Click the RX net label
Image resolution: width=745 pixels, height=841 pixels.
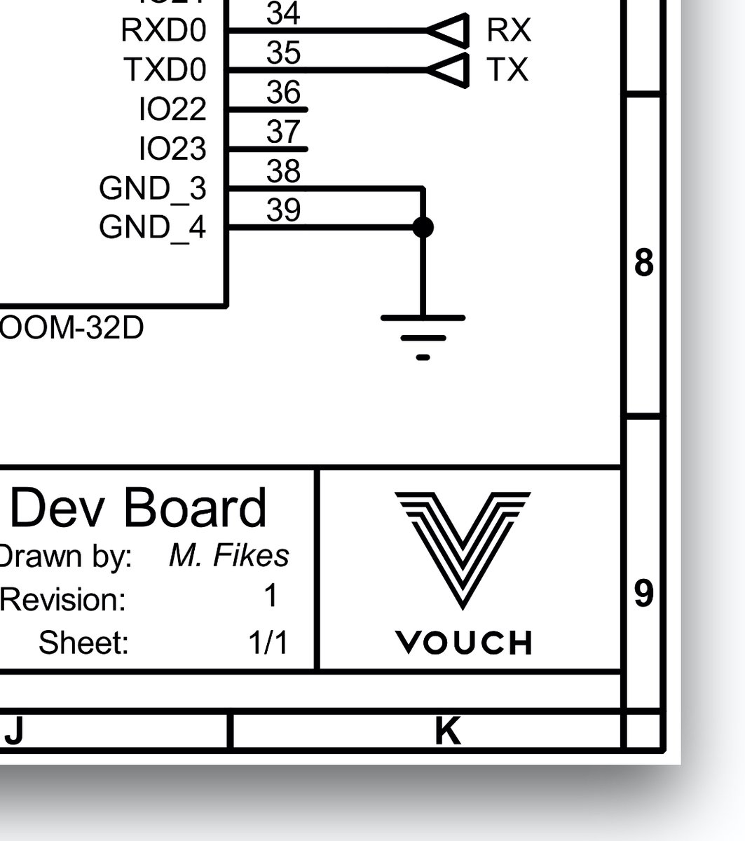[509, 31]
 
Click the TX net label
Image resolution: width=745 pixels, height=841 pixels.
[507, 70]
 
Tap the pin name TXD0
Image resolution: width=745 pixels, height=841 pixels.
[165, 70]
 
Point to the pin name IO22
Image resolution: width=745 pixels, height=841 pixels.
[173, 109]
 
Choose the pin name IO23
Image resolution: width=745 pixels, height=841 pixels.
[173, 149]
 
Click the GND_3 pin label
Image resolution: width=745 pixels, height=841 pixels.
[153, 189]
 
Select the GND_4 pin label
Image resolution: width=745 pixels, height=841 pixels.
[153, 227]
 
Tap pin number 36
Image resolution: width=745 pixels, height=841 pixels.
[284, 93]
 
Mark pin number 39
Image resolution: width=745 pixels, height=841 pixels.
[284, 210]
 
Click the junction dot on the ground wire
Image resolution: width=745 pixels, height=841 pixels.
[423, 227]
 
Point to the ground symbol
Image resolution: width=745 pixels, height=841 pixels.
[423, 336]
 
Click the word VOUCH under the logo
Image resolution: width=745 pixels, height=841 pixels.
[463, 642]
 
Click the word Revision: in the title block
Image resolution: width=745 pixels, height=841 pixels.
[64, 600]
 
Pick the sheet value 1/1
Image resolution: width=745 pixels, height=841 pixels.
[268, 642]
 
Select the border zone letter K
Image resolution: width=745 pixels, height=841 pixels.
[448, 731]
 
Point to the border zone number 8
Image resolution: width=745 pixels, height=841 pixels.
[643, 263]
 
